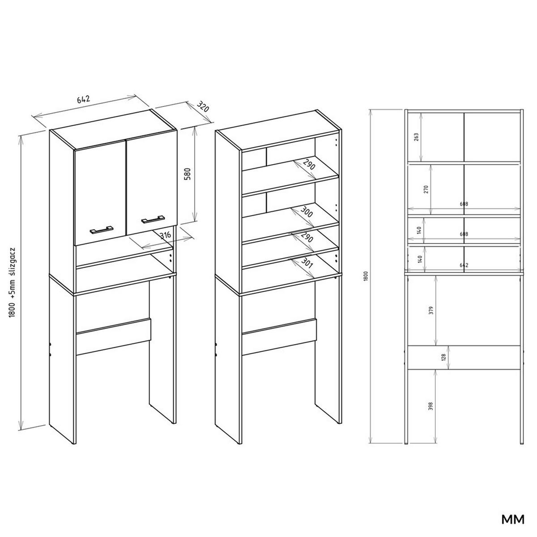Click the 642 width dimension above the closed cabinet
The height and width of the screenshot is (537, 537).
coord(84,99)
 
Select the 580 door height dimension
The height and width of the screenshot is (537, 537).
coord(188,174)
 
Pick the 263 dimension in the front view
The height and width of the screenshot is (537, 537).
coord(417,136)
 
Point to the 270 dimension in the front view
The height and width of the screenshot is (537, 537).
coord(426,189)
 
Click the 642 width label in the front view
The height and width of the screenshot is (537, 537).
coord(464,265)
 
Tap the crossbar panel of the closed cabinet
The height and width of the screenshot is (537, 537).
coord(114,337)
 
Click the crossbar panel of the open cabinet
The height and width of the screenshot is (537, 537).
coord(279,337)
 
